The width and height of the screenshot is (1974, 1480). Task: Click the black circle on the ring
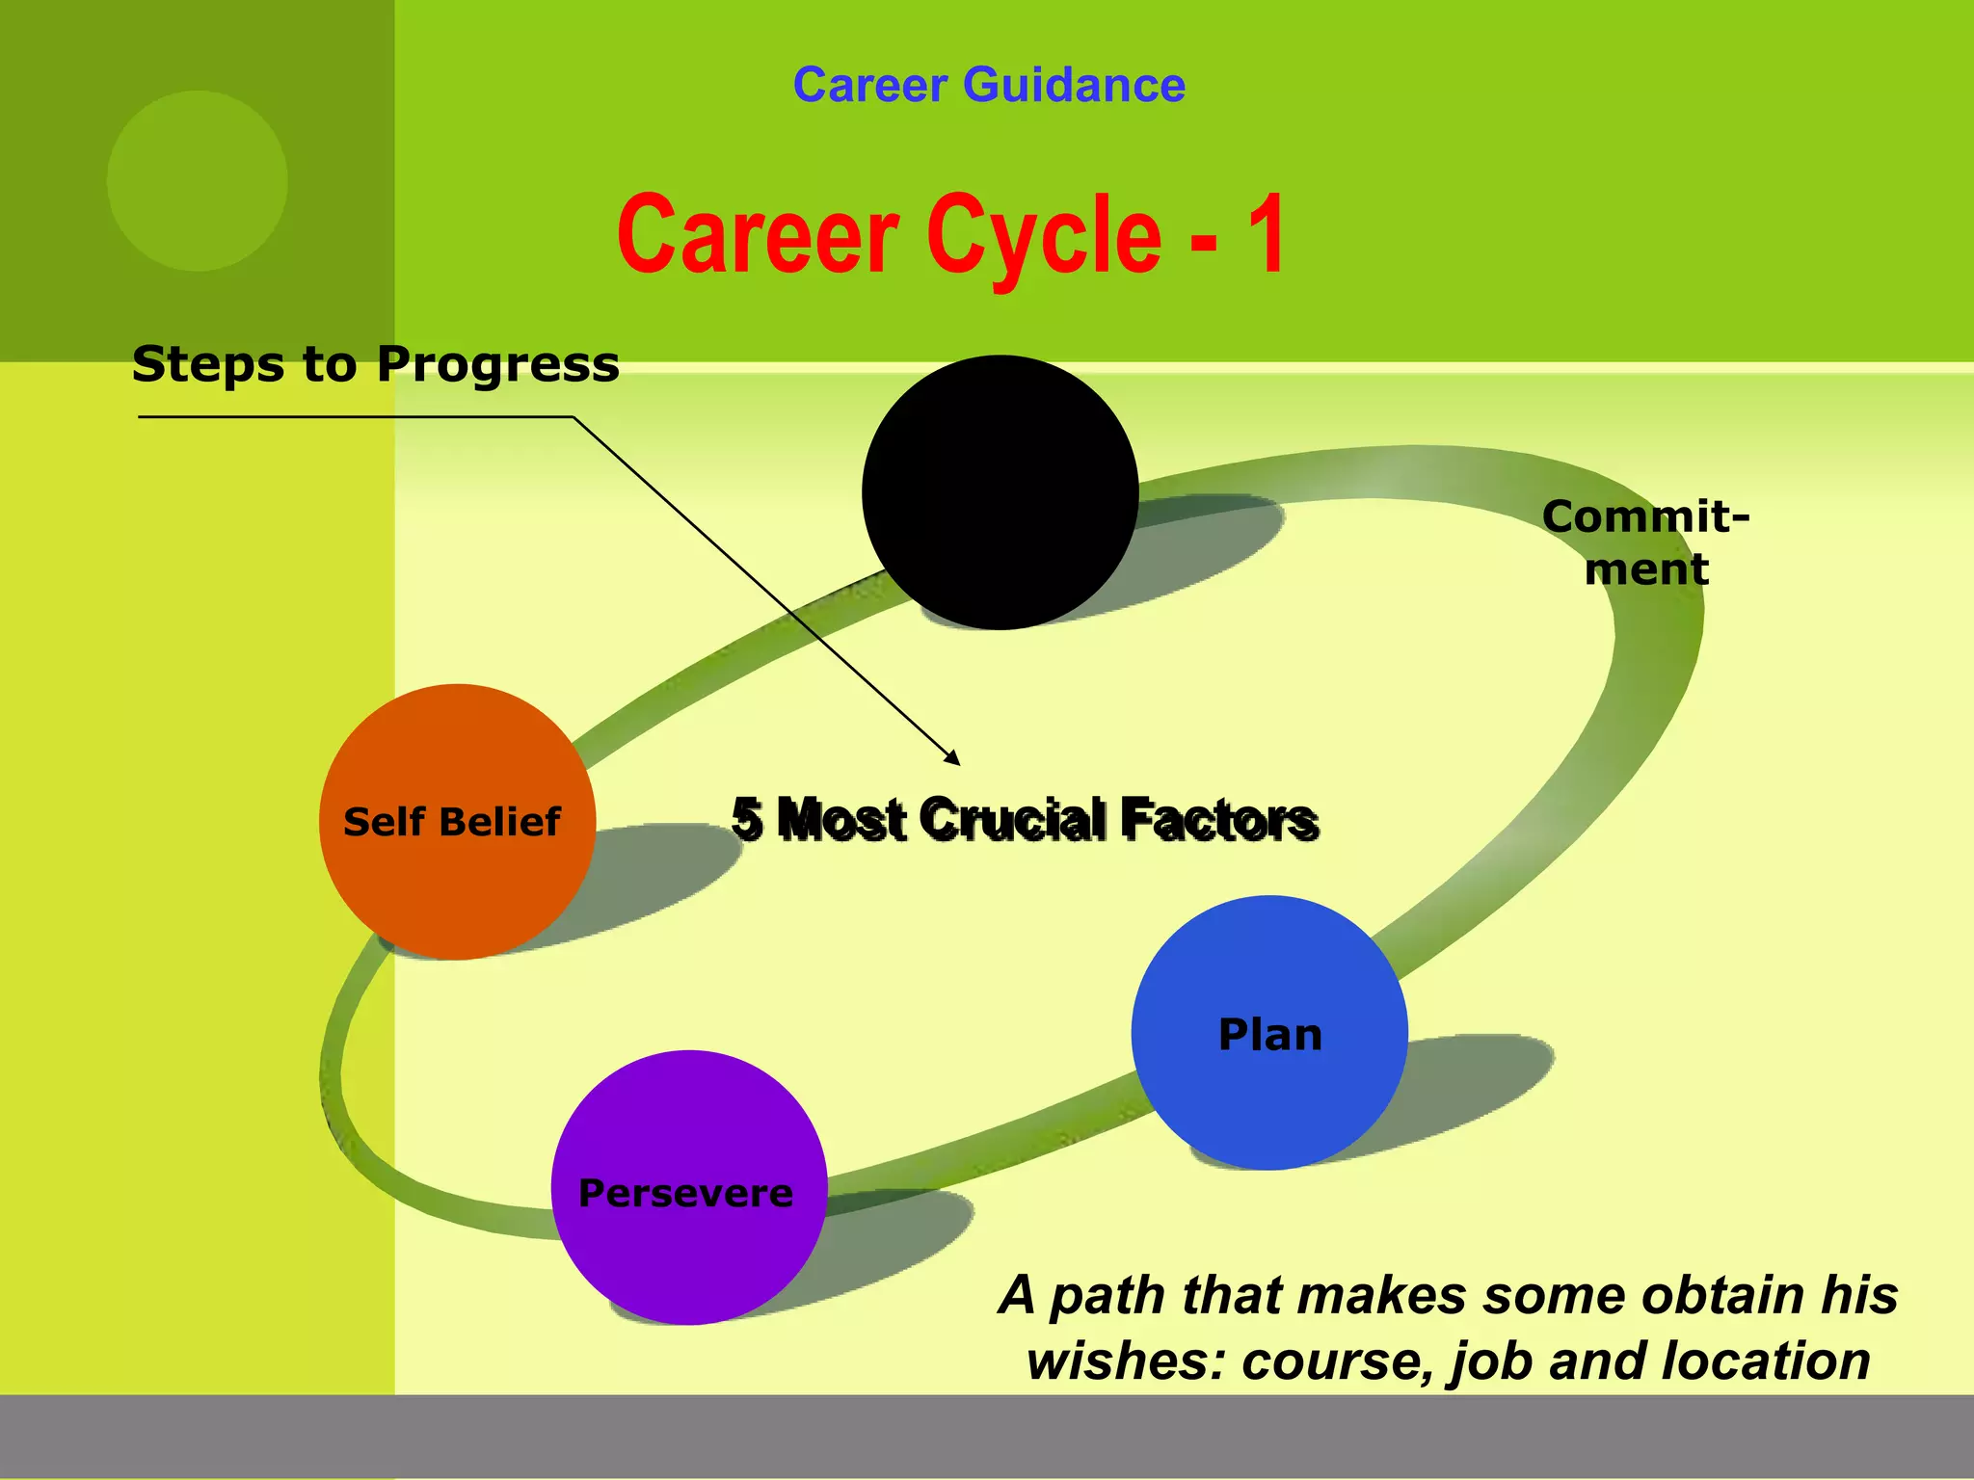point(1000,492)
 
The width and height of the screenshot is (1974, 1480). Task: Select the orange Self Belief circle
point(456,821)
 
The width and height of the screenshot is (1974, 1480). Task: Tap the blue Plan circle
point(1269,1033)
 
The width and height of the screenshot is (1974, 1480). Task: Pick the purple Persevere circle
point(688,1188)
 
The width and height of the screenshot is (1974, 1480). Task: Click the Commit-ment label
point(1646,542)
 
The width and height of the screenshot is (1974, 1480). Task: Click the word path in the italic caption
point(1109,1295)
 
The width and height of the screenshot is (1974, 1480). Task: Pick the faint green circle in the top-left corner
point(197,180)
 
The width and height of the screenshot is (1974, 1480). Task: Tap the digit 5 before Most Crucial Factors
point(747,820)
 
